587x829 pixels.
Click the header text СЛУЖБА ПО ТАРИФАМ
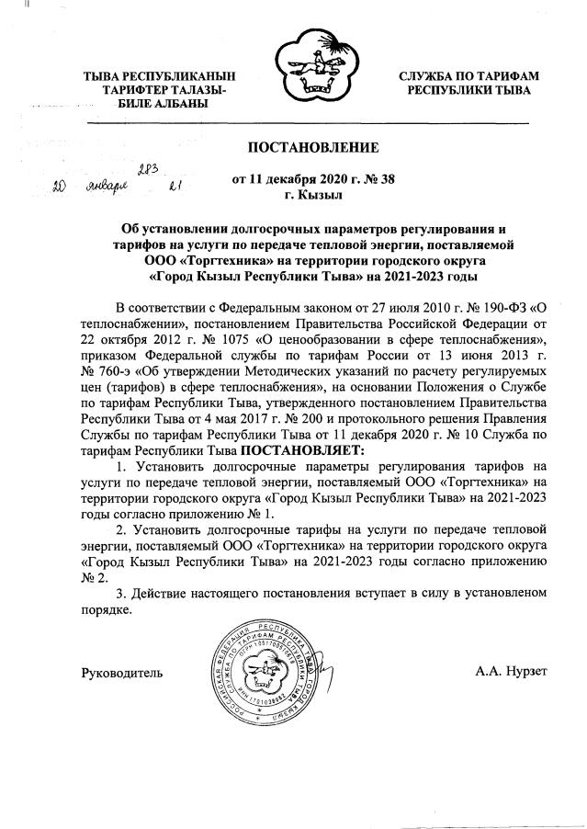coord(468,76)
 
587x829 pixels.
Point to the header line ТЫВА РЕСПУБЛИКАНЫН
coord(159,76)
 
